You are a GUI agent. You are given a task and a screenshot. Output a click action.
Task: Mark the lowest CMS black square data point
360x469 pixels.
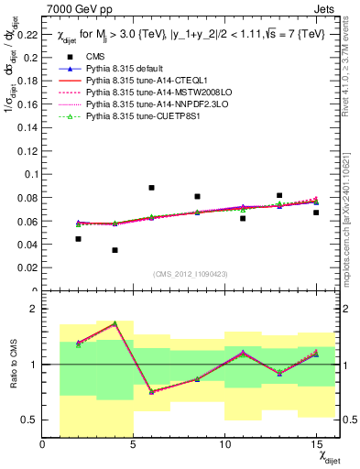115,250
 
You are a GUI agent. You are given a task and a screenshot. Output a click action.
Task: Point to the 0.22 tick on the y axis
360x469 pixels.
28,36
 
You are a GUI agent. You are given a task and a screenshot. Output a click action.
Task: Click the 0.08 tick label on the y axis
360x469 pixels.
28,198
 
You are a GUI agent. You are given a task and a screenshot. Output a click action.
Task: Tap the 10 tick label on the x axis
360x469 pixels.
224,444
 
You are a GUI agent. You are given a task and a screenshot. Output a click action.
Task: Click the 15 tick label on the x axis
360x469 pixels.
315,444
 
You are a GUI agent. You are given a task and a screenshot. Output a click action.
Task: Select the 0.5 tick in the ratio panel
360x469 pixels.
30,420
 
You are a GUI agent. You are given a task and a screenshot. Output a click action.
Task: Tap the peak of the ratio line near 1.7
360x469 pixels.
115,323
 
